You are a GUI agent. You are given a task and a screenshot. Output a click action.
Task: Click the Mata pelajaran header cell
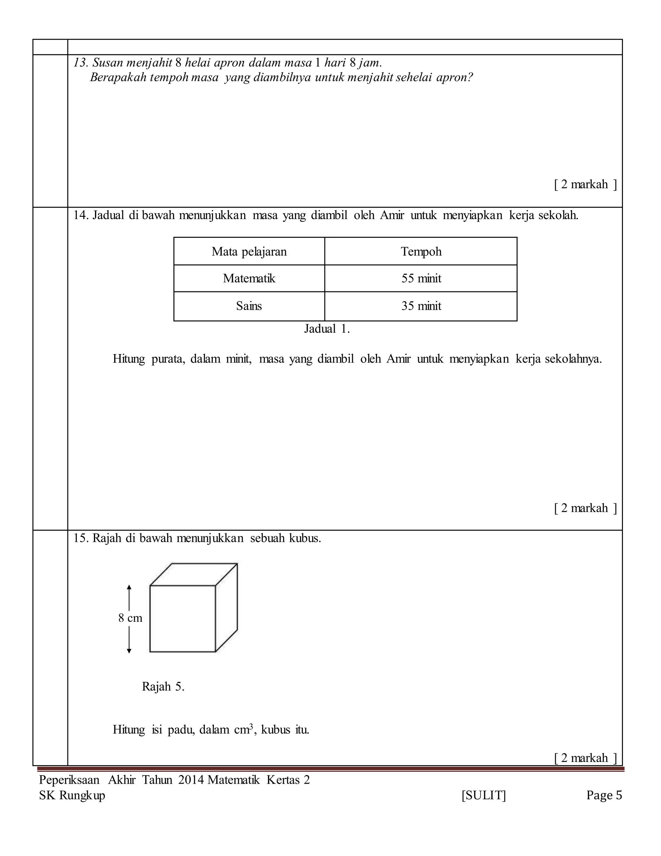[x=249, y=251]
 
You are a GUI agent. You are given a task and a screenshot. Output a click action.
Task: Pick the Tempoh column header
[x=421, y=251]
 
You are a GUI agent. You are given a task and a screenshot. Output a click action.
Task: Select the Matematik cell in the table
[x=249, y=278]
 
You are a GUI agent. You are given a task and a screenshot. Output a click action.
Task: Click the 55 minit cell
[x=421, y=278]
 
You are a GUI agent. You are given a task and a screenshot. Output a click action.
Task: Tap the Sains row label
[x=249, y=306]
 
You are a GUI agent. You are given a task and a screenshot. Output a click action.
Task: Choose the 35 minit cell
[x=421, y=306]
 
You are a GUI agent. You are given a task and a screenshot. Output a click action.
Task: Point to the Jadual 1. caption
[x=327, y=329]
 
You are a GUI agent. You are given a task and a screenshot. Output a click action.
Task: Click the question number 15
[x=80, y=538]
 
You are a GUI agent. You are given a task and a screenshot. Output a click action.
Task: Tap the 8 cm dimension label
[x=130, y=618]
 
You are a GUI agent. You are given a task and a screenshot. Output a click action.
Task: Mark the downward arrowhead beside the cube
[x=129, y=651]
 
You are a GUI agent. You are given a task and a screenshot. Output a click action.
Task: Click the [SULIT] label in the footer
[x=483, y=795]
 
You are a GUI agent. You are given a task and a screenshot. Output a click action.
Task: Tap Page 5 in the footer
[x=604, y=795]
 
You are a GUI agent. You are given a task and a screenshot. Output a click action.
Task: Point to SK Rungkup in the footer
[x=72, y=796]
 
